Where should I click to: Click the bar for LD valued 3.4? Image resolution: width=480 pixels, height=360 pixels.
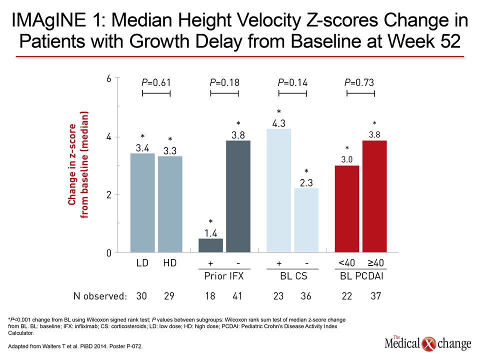coord(142,202)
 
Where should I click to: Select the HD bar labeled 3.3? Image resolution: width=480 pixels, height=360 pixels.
coord(170,204)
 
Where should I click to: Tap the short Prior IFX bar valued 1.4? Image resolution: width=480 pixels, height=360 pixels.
coord(210,245)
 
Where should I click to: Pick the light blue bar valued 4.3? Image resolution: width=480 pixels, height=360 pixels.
coord(278,190)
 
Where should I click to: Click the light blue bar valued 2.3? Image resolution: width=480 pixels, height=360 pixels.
coord(306,220)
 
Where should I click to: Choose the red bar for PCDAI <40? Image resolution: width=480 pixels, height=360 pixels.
coord(347,209)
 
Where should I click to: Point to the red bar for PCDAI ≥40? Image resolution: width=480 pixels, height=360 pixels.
coord(374,196)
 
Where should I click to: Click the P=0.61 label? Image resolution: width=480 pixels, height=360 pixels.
coord(156,82)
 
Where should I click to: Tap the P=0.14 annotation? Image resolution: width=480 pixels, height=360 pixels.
coord(292,82)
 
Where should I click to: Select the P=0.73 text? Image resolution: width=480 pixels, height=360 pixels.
coord(359,82)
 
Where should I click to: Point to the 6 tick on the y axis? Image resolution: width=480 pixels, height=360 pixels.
coord(109,78)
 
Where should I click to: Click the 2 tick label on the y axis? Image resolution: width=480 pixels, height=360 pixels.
coord(109,194)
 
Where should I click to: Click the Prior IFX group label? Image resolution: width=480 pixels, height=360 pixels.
coord(224,276)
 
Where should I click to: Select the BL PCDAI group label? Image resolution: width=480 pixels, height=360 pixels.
coord(361,276)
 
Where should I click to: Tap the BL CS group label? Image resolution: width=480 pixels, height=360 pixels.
coord(293,276)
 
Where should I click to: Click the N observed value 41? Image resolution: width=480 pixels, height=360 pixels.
coord(237,296)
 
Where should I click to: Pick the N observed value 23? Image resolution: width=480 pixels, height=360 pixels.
coord(278,296)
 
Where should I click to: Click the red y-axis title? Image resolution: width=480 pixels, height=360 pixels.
coord(78,164)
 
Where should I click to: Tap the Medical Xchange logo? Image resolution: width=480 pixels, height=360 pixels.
coord(428,343)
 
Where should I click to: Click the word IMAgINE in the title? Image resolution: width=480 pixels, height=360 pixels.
coord(49,20)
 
